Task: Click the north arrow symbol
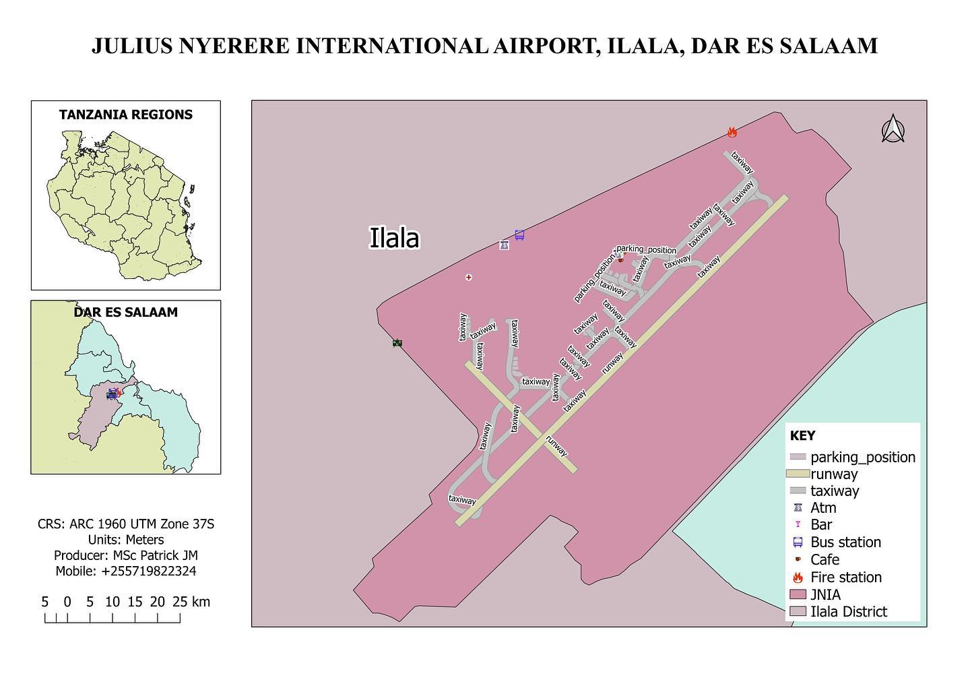click(x=893, y=129)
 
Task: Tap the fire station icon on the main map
click(x=732, y=132)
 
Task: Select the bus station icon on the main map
click(x=519, y=235)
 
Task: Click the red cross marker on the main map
click(x=469, y=277)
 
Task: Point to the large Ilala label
click(x=394, y=238)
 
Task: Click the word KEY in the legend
click(x=802, y=435)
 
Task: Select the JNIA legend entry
click(x=825, y=594)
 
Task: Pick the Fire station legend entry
click(x=845, y=577)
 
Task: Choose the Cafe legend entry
click(x=825, y=559)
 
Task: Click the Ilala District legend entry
click(x=848, y=611)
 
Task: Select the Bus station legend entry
click(x=845, y=542)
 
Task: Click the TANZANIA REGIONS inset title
click(x=126, y=115)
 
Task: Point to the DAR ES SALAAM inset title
click(x=126, y=312)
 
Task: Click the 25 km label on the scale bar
click(x=191, y=602)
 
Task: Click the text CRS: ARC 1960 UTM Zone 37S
click(x=126, y=524)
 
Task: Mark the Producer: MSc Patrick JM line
click(x=126, y=555)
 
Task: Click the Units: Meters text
click(x=126, y=540)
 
